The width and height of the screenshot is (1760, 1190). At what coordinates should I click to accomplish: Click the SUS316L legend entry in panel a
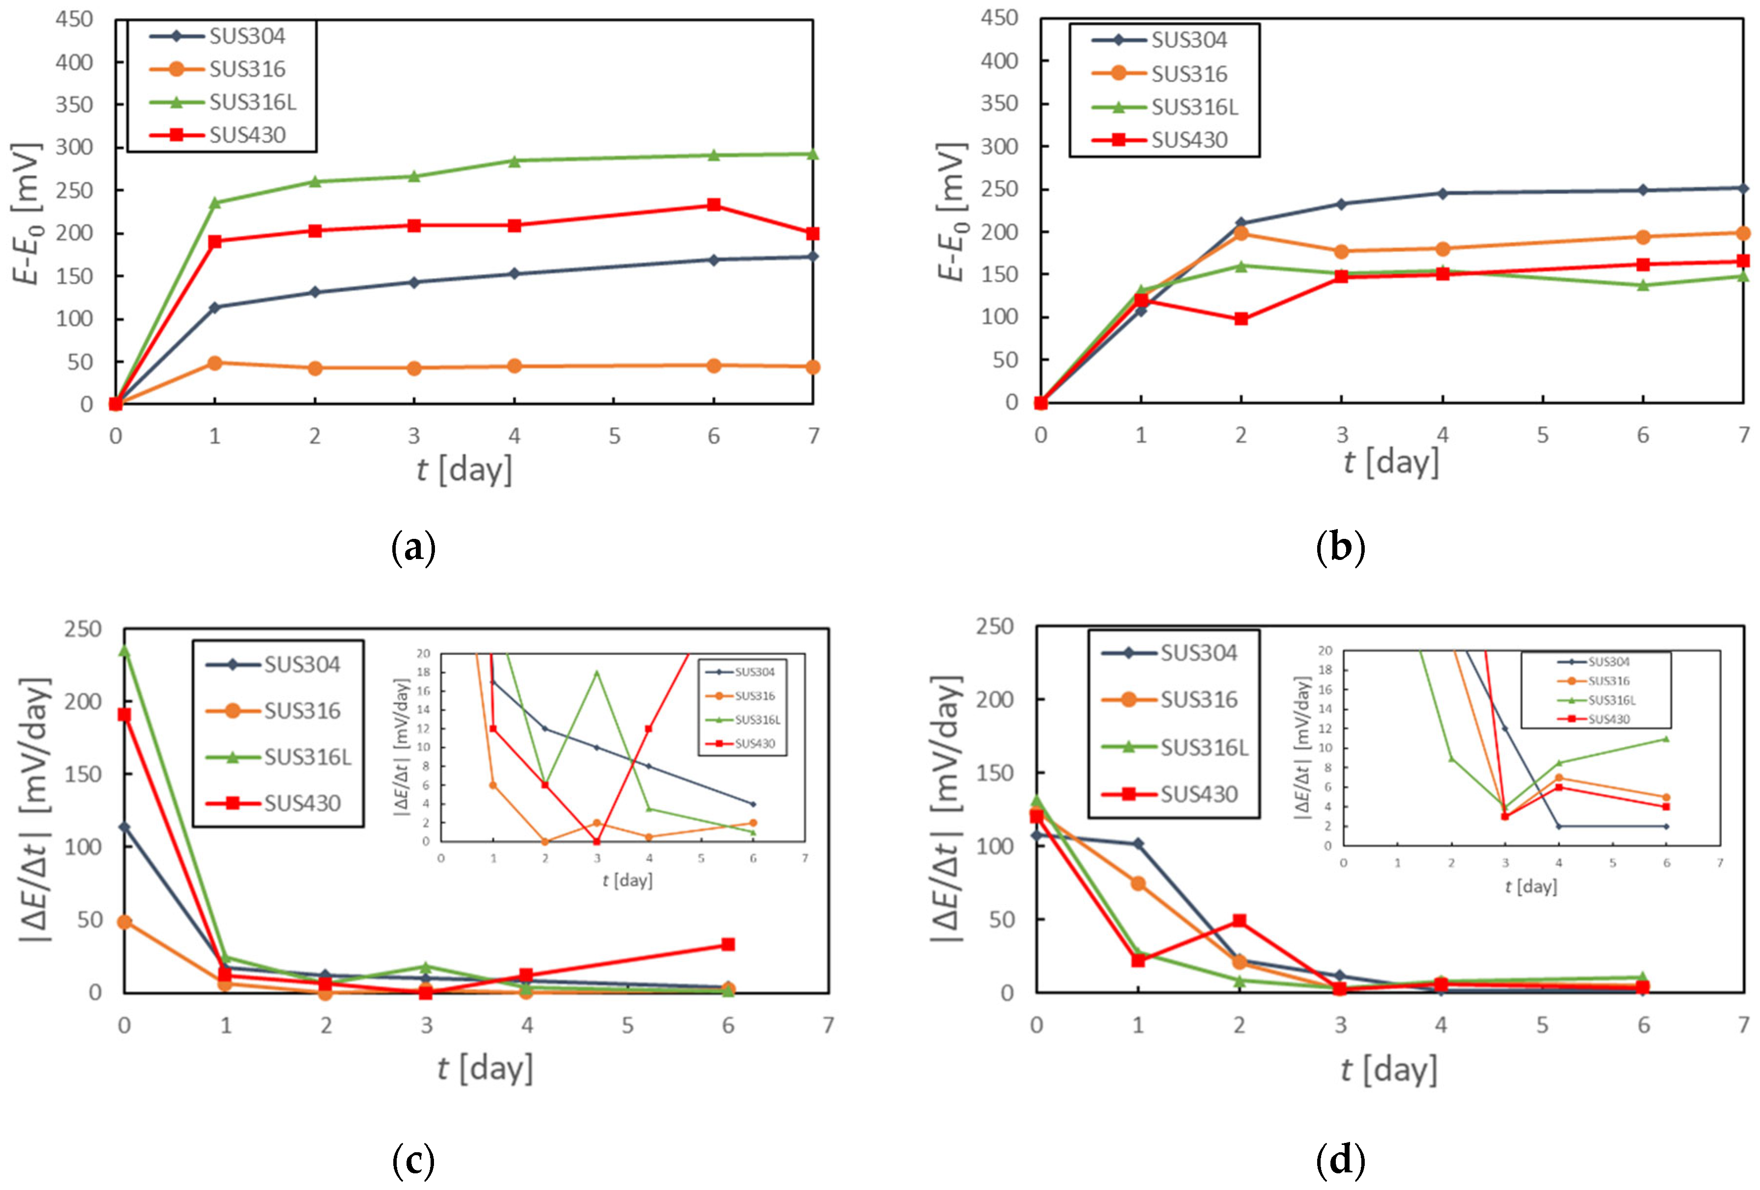252,101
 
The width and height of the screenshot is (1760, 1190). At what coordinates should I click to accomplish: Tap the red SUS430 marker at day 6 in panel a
713,204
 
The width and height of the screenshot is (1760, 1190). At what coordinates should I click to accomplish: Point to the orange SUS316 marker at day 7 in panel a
813,367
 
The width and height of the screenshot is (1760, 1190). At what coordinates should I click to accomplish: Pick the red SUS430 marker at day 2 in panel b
1241,319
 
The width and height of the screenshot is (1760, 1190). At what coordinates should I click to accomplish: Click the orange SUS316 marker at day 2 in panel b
1241,233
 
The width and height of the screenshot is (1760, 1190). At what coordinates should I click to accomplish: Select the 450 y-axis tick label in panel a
74,19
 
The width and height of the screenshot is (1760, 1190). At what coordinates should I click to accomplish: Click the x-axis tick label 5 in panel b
1542,435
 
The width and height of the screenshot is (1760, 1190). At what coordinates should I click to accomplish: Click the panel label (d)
1340,1160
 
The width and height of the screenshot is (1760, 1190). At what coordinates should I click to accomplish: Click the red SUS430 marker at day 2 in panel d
1239,920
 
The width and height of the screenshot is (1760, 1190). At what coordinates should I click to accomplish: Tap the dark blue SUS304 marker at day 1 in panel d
1138,843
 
